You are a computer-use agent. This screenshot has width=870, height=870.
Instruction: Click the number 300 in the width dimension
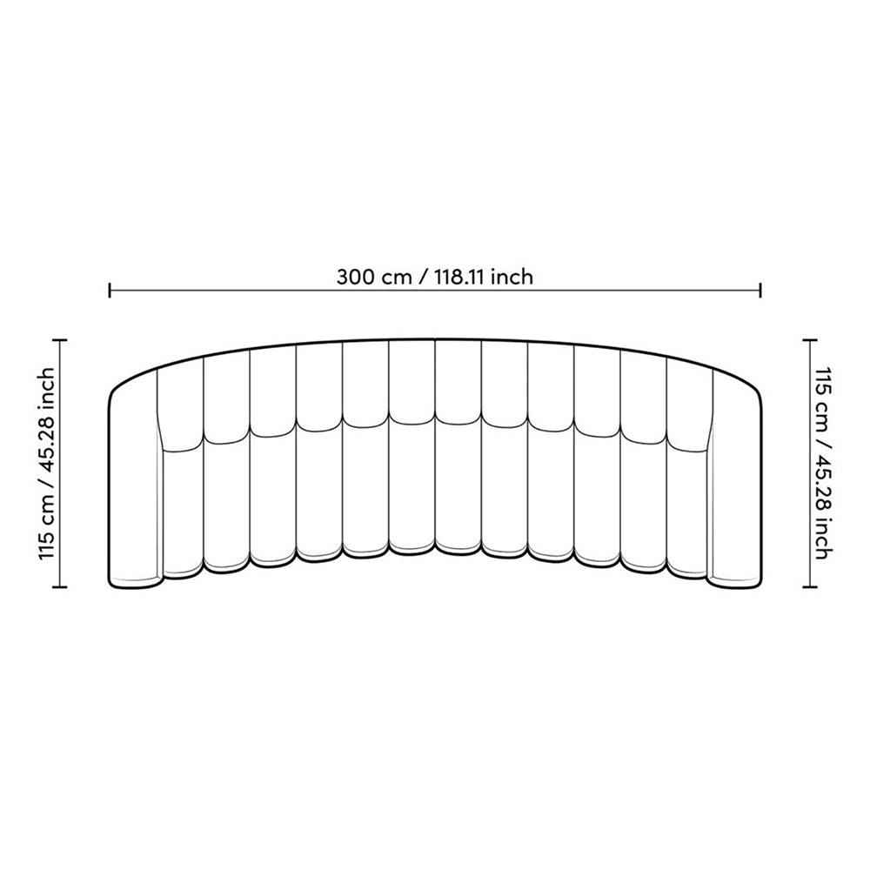point(356,277)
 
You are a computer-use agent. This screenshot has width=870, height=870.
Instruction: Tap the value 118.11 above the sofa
point(458,277)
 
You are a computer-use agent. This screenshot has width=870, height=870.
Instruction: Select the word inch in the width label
point(512,277)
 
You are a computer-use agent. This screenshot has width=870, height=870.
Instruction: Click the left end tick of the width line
point(110,290)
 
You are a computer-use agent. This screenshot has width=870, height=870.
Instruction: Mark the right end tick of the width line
point(760,290)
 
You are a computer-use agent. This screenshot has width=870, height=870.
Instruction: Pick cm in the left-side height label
point(48,508)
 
